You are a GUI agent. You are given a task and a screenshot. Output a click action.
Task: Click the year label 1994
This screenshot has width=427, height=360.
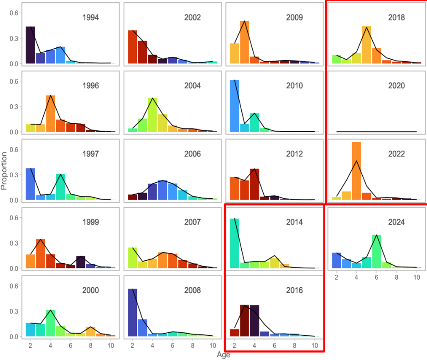coord(91,18)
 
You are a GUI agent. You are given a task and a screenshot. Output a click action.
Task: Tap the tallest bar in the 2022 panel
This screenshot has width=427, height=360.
coord(356,171)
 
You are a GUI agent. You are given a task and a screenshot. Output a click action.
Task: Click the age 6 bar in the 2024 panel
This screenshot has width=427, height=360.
coord(376,252)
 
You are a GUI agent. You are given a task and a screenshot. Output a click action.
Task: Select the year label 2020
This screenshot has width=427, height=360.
coord(396,86)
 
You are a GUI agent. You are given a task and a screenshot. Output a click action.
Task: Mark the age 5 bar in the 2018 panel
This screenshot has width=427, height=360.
coord(366,45)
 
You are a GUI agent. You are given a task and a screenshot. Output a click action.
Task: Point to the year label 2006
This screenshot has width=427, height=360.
coord(193,154)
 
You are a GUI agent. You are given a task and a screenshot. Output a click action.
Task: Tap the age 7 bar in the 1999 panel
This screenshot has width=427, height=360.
coord(81,262)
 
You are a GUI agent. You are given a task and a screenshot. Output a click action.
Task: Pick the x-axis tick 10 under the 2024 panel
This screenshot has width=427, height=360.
coord(417,277)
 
